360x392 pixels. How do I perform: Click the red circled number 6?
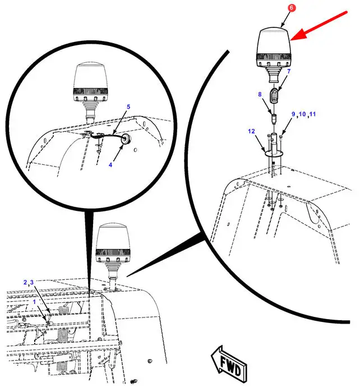coord(291,7)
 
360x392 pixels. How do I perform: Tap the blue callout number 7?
coord(289,71)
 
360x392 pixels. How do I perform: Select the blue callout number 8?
coord(260,94)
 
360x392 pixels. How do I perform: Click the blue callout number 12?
coord(251,131)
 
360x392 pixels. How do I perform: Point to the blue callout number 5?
coord(128,107)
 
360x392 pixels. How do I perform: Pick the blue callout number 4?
coord(110,165)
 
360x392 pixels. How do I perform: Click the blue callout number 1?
coord(35,302)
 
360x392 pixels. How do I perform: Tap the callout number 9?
coord(293,114)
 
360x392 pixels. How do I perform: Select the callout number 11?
coord(312,114)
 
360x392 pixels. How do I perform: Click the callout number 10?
coord(302,114)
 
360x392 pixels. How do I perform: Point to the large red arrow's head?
coord(298,35)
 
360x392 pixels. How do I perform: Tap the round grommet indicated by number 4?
coord(126,139)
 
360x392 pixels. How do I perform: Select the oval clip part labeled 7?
coord(275,95)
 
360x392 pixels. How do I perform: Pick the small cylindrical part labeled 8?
coord(274,118)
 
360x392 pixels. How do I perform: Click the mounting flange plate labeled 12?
coord(274,153)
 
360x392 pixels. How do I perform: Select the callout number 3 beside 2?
coord(32,283)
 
